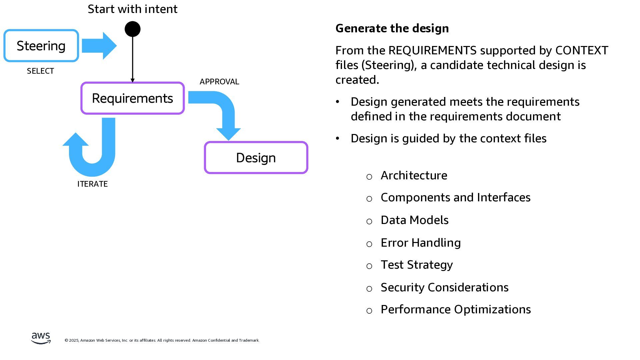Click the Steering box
pos(41,46)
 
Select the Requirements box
pos(132,98)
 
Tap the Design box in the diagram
pos(256,158)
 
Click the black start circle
pos(132,29)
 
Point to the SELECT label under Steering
pos(40,71)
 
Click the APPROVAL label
pos(219,82)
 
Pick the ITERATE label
pos(92,184)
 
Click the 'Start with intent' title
pos(132,9)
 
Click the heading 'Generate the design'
pos(392,28)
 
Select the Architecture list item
pos(414,175)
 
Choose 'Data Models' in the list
pos(414,220)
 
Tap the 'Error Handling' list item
pos(421,243)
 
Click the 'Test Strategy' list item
pos(417,265)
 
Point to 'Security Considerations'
pos(444,287)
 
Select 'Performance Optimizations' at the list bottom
pos(456,309)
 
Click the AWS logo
pos(41,338)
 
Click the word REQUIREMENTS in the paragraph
pos(432,50)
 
